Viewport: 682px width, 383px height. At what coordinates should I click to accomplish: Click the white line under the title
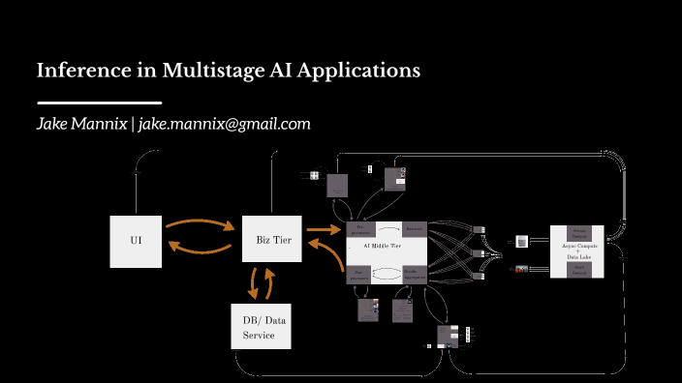[x=99, y=103]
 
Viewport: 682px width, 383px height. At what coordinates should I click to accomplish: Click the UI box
[x=136, y=238]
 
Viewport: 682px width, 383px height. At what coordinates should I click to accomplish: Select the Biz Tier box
[x=273, y=238]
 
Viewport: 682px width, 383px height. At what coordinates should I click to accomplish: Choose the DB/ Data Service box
[x=259, y=328]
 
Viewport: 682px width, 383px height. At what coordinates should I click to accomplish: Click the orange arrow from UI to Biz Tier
[x=200, y=223]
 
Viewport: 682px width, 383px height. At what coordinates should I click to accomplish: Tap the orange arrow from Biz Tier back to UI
[x=200, y=250]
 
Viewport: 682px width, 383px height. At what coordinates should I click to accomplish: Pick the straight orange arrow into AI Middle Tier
[x=321, y=230]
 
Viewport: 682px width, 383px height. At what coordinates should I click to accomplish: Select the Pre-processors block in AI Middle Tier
[x=360, y=230]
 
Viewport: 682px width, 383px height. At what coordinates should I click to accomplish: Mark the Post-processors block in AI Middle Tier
[x=360, y=274]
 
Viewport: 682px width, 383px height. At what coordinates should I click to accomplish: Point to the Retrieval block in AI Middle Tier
[x=414, y=229]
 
